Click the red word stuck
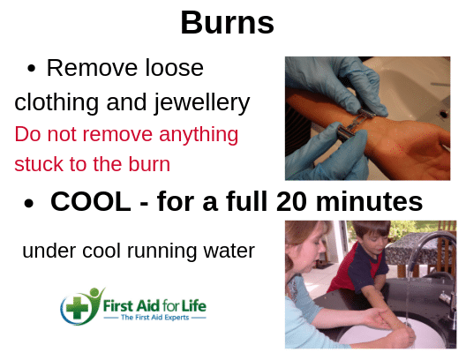[x=36, y=164]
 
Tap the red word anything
[x=192, y=135]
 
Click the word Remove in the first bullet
[x=85, y=68]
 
